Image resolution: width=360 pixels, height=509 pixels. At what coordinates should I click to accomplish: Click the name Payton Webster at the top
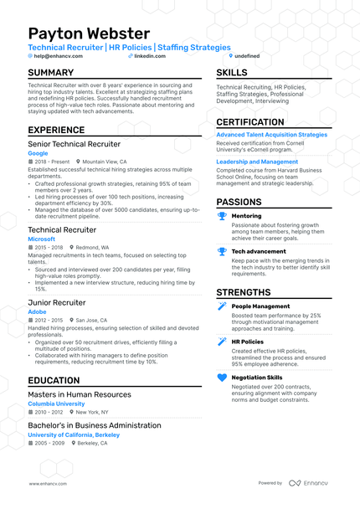89,33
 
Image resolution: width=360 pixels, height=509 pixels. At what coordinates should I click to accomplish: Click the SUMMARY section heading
56,73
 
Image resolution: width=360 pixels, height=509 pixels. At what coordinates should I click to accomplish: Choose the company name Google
38,153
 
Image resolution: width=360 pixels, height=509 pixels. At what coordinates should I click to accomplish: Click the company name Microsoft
41,239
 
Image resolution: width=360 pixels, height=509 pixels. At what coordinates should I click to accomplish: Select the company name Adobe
38,311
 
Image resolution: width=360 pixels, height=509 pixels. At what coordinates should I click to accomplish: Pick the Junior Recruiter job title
57,301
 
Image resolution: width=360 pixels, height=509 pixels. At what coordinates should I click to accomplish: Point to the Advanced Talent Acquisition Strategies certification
272,134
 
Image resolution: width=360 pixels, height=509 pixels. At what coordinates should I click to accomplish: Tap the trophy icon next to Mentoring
222,216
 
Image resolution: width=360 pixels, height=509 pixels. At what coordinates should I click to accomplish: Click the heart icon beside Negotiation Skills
222,378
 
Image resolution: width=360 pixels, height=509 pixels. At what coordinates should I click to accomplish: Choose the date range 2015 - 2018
49,248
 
